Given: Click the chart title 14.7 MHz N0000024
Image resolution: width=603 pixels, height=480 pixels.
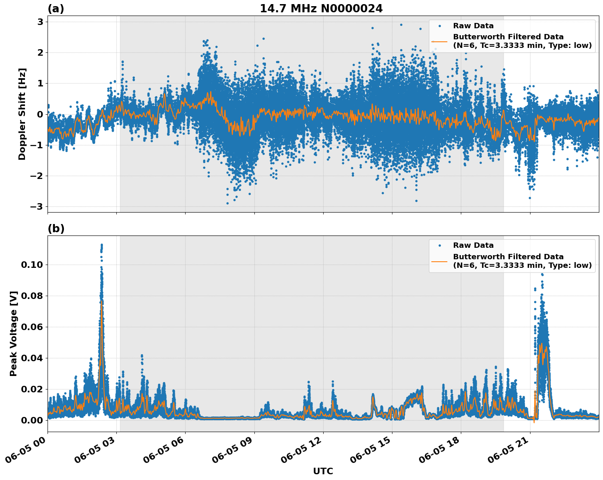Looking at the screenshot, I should (x=321, y=9).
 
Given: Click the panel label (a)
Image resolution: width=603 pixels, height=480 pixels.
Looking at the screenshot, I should (x=56, y=9).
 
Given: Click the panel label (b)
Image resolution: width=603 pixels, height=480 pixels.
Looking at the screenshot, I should (x=56, y=229).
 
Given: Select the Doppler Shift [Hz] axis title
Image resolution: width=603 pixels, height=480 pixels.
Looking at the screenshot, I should (x=22, y=114).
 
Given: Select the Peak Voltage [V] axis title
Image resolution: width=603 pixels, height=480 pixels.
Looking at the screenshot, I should (x=14, y=333).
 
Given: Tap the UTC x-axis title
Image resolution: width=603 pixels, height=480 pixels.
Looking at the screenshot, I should (x=323, y=471).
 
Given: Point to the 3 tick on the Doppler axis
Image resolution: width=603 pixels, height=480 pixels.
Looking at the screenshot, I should (x=40, y=22).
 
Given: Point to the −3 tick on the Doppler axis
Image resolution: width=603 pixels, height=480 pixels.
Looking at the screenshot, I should (x=37, y=206).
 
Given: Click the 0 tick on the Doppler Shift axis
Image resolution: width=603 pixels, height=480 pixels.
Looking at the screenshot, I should (x=40, y=114).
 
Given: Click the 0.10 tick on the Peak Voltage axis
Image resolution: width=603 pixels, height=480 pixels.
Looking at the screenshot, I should (x=32, y=265).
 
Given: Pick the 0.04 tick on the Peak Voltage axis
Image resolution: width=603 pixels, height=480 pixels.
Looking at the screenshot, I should (x=32, y=358).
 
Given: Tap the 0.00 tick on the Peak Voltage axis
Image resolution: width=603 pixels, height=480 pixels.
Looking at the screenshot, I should (x=32, y=420).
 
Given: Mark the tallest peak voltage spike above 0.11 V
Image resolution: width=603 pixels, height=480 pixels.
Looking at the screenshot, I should (x=102, y=245).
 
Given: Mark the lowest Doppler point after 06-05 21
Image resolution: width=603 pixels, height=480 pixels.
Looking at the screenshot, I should (x=529, y=198).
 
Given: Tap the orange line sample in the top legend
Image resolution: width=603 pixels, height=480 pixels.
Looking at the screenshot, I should (x=439, y=41).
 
